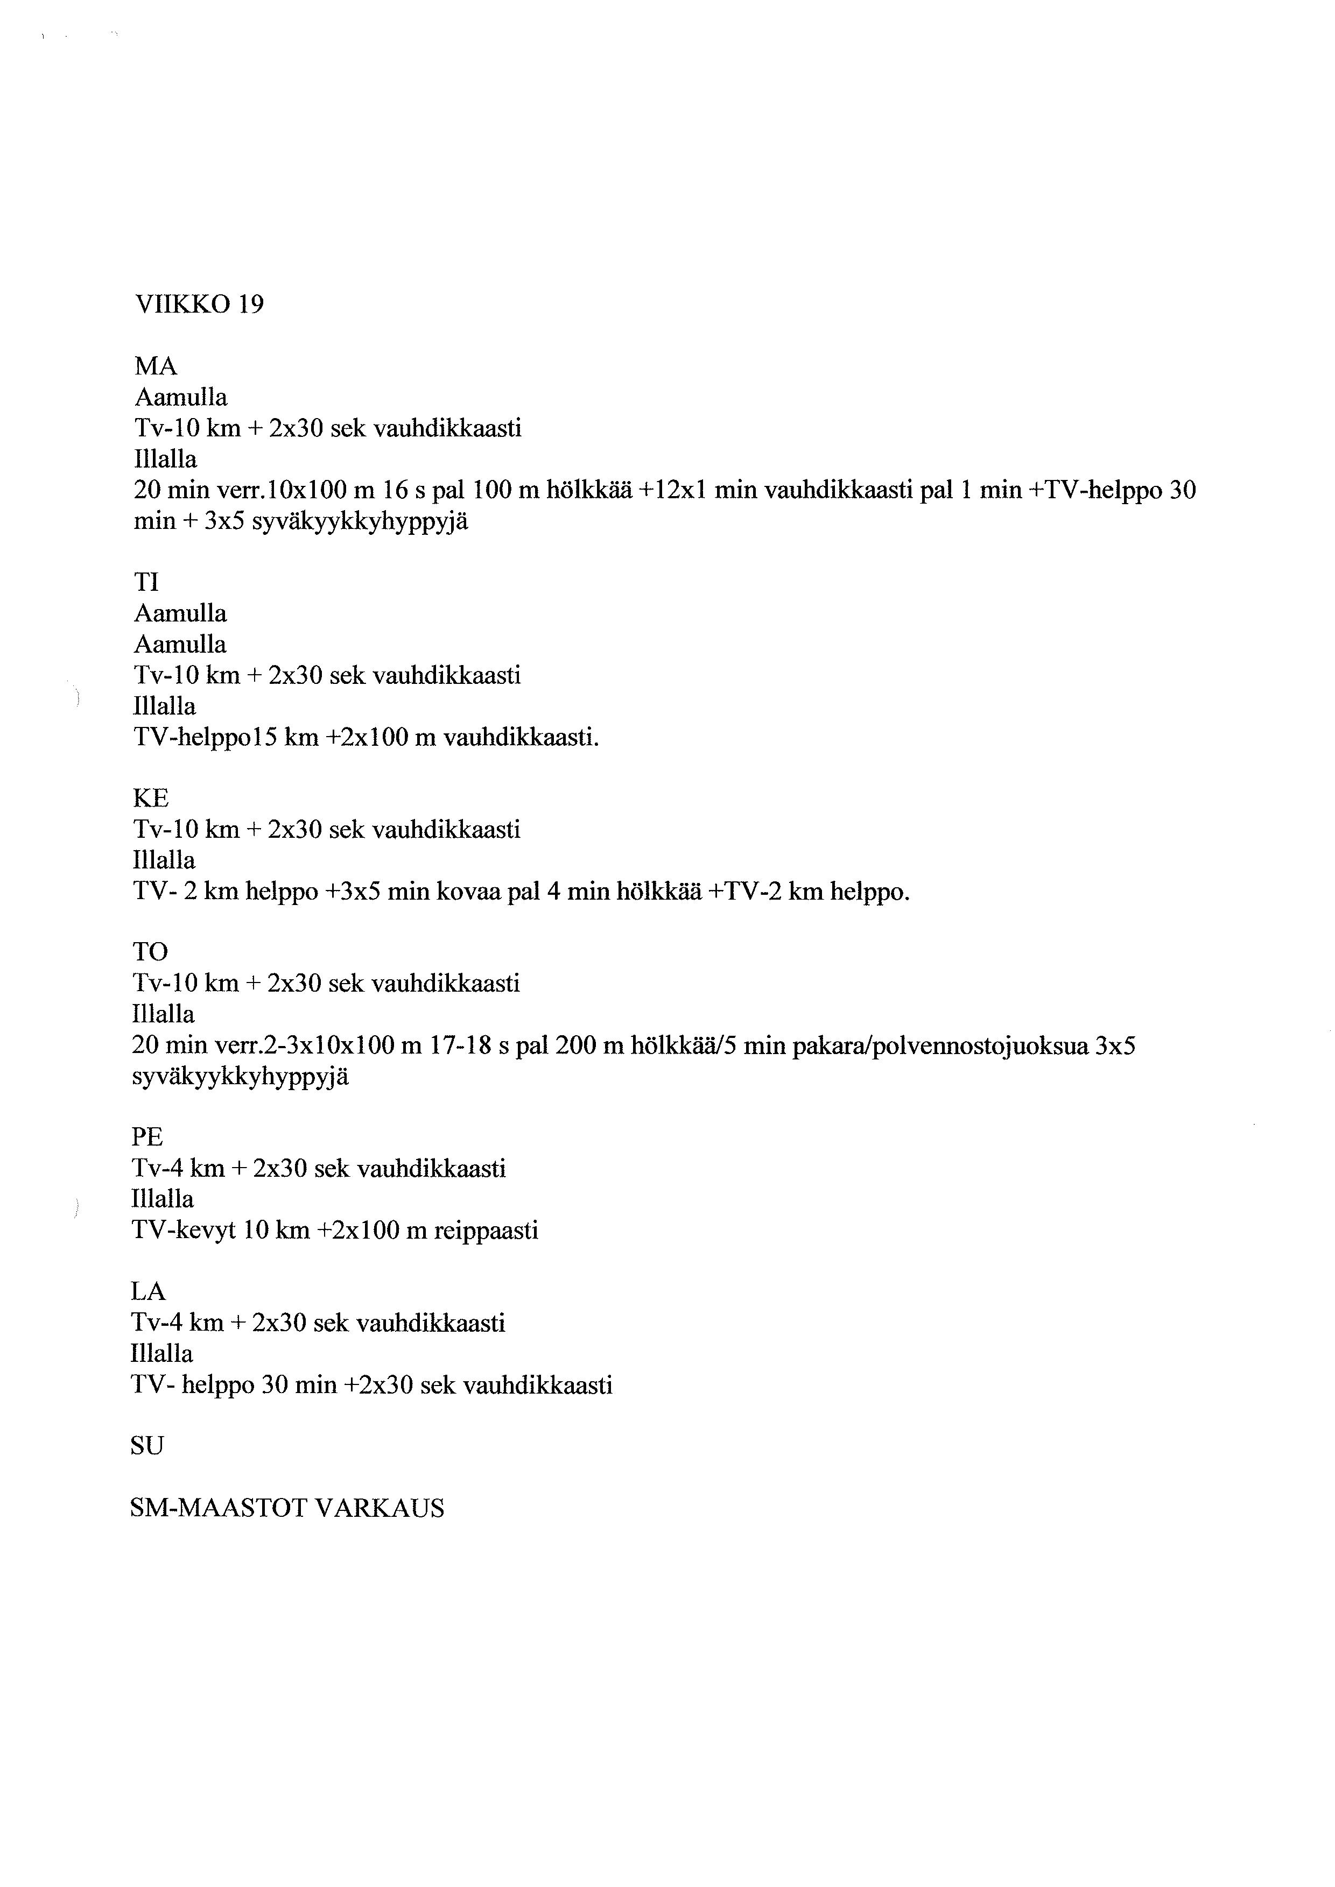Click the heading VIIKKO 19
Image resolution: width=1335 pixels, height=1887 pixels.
[x=199, y=305]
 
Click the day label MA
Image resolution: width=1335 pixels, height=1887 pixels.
[x=156, y=366]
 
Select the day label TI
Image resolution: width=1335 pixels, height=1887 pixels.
[x=146, y=583]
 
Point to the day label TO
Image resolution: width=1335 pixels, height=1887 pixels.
[x=150, y=952]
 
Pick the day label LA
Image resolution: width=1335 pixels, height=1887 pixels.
[x=148, y=1292]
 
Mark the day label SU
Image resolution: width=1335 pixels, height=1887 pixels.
[x=147, y=1446]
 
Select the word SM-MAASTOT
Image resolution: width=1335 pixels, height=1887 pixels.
[x=219, y=1508]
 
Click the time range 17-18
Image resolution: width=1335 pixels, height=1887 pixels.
[x=461, y=1046]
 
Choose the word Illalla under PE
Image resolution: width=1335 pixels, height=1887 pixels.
[x=163, y=1199]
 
